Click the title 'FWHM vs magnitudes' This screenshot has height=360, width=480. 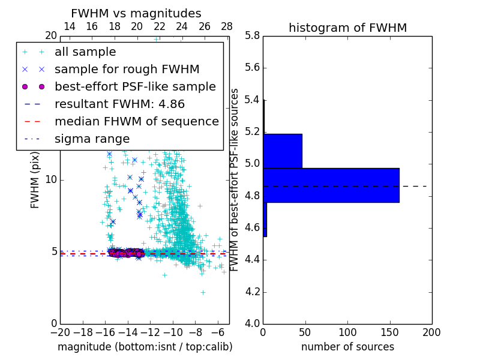click(136, 13)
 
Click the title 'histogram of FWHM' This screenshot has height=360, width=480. click(347, 28)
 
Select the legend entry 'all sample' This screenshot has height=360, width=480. click(85, 52)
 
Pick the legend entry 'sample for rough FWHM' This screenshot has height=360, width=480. click(127, 69)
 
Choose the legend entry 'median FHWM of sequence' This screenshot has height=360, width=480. click(137, 121)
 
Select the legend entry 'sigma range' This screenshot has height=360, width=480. click(92, 139)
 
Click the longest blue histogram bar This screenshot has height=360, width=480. click(331, 185)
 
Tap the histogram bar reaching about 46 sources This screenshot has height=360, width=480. click(282, 151)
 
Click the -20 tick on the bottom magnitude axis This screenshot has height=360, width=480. click(60, 332)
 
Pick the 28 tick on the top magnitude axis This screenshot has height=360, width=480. click(227, 26)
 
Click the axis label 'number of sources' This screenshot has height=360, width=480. click(347, 347)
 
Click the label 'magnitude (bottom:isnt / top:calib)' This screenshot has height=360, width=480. click(145, 347)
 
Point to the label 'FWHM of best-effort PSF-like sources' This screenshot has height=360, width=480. click(235, 180)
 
